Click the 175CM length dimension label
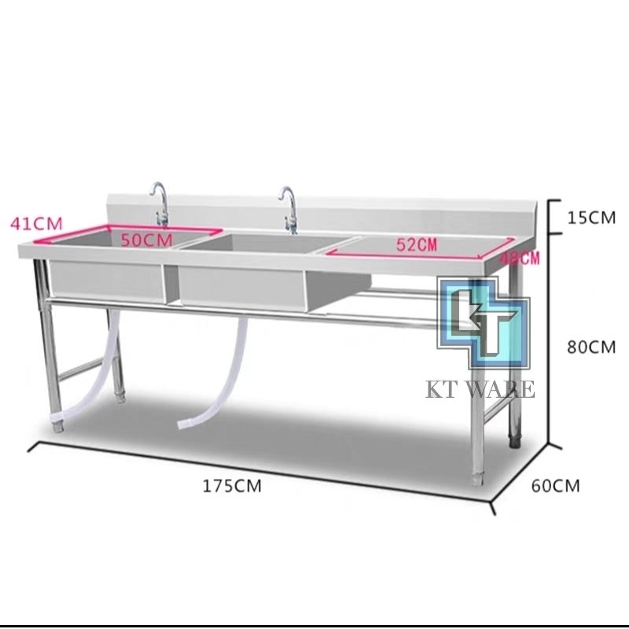point(232,485)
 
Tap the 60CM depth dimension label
point(555,485)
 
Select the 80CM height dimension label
point(590,346)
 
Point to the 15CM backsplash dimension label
point(590,217)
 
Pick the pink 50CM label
point(145,241)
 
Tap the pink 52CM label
point(416,244)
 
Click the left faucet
point(160,203)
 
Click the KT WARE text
point(480,388)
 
